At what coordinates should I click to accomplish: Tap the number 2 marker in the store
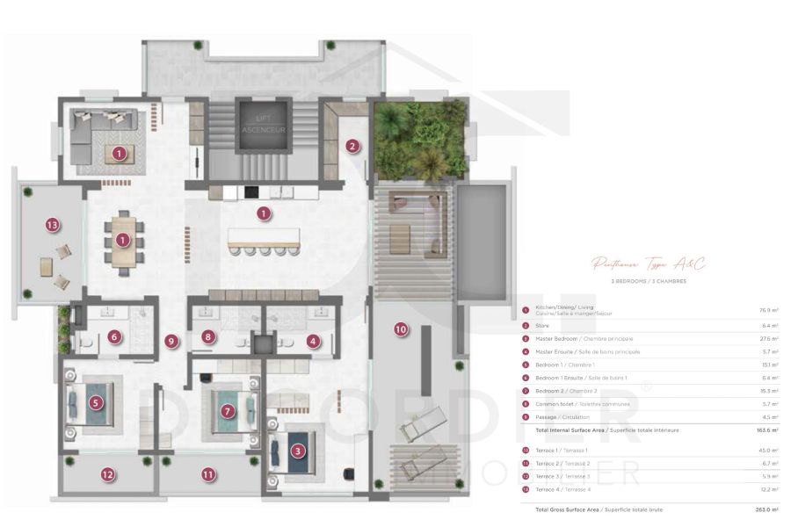point(352,147)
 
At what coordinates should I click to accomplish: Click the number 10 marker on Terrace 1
point(401,329)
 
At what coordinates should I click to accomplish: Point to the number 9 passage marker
point(171,341)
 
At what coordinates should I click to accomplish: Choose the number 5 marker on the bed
point(96,403)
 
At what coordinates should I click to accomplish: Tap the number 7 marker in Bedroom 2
point(227,410)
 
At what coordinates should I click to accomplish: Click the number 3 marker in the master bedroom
point(298,451)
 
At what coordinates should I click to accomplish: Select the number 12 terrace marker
point(107,474)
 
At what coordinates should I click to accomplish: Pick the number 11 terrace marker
point(208,474)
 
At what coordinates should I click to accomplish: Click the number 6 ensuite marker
point(113,336)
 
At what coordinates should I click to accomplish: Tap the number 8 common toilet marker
point(207,336)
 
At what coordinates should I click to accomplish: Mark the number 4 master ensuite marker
point(313,341)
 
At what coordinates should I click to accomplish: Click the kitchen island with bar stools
point(263,239)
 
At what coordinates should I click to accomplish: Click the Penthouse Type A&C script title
point(649,263)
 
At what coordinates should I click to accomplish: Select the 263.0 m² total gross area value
point(766,509)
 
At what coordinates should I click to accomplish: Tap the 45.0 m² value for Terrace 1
point(766,451)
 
